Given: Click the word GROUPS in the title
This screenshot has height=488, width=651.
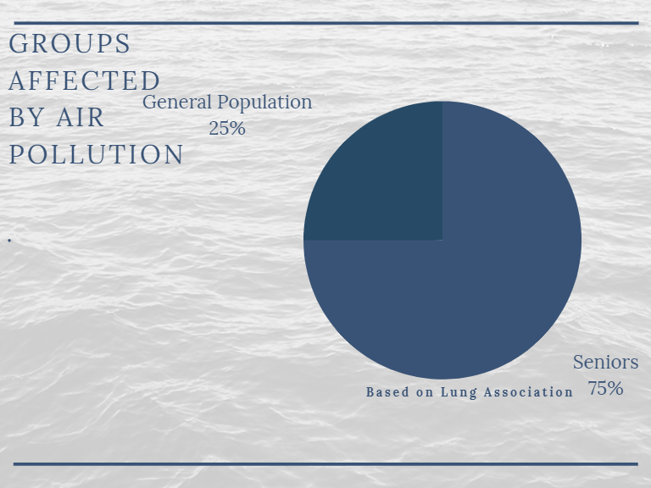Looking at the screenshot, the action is [70, 43].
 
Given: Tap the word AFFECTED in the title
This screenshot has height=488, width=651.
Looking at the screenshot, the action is [84, 80].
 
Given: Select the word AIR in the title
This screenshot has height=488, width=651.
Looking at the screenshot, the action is [81, 118].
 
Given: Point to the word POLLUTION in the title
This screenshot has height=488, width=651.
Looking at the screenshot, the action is [96, 154].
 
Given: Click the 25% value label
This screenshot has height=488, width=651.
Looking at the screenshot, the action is [227, 128].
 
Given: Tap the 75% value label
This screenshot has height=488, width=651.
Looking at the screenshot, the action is [606, 388].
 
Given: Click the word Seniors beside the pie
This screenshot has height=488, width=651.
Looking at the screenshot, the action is [606, 362].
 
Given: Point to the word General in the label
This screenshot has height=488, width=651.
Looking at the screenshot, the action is [177, 102].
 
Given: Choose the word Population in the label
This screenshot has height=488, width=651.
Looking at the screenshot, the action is [264, 103].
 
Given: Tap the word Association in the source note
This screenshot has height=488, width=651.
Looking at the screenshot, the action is [529, 391].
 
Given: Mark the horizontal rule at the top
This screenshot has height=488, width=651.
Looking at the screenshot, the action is [326, 23].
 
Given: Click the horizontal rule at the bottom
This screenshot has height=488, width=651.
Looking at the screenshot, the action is [325, 464].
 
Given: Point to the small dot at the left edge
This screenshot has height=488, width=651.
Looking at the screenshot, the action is [9, 241].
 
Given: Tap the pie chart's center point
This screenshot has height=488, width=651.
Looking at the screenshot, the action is [442, 241].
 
